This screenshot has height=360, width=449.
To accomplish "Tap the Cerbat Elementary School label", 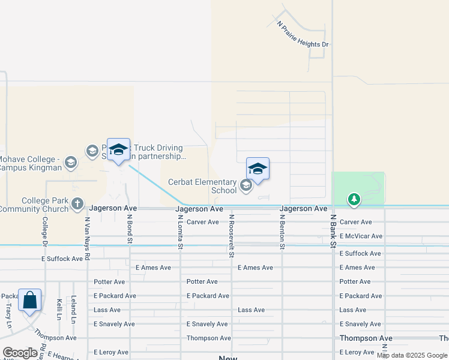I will (x=202, y=186).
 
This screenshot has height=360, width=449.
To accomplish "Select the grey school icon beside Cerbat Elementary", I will (x=246, y=185).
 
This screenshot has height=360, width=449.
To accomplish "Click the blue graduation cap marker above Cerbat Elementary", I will (x=258, y=169).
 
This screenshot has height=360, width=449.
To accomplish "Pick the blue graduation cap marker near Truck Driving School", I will (x=118, y=149).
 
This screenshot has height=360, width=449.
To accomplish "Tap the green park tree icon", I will (x=354, y=199).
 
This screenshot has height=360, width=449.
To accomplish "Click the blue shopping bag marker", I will (x=30, y=300).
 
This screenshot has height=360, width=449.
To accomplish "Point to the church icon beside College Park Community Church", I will (x=77, y=203).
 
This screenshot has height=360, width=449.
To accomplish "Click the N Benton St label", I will (x=282, y=231).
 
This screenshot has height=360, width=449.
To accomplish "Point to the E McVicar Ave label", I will (x=360, y=236).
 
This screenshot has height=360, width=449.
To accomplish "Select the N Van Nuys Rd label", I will (x=87, y=238).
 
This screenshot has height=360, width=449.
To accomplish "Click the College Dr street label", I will (x=44, y=230).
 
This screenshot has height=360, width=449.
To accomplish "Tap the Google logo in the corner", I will (x=20, y=353).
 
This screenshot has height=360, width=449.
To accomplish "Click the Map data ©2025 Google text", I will (x=412, y=355).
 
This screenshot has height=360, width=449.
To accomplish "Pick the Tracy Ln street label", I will (x=8, y=310).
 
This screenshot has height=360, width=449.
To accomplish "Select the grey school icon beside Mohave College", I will (x=71, y=162).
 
